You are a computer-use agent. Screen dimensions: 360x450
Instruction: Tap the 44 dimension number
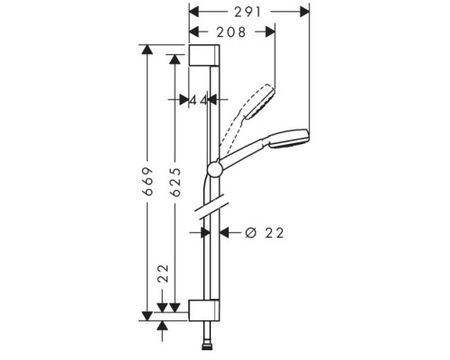point(200,101)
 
